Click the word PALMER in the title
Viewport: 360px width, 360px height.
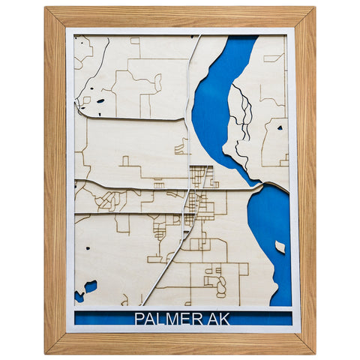(x=165, y=318)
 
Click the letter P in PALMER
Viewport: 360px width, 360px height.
(x=139, y=318)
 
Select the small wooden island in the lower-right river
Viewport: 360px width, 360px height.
(x=280, y=247)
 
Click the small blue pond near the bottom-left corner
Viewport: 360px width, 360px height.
(x=90, y=286)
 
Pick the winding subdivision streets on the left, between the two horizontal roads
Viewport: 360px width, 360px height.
(x=110, y=200)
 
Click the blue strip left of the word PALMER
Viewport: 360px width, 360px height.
(x=101, y=318)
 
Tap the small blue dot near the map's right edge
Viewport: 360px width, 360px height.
(x=279, y=128)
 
